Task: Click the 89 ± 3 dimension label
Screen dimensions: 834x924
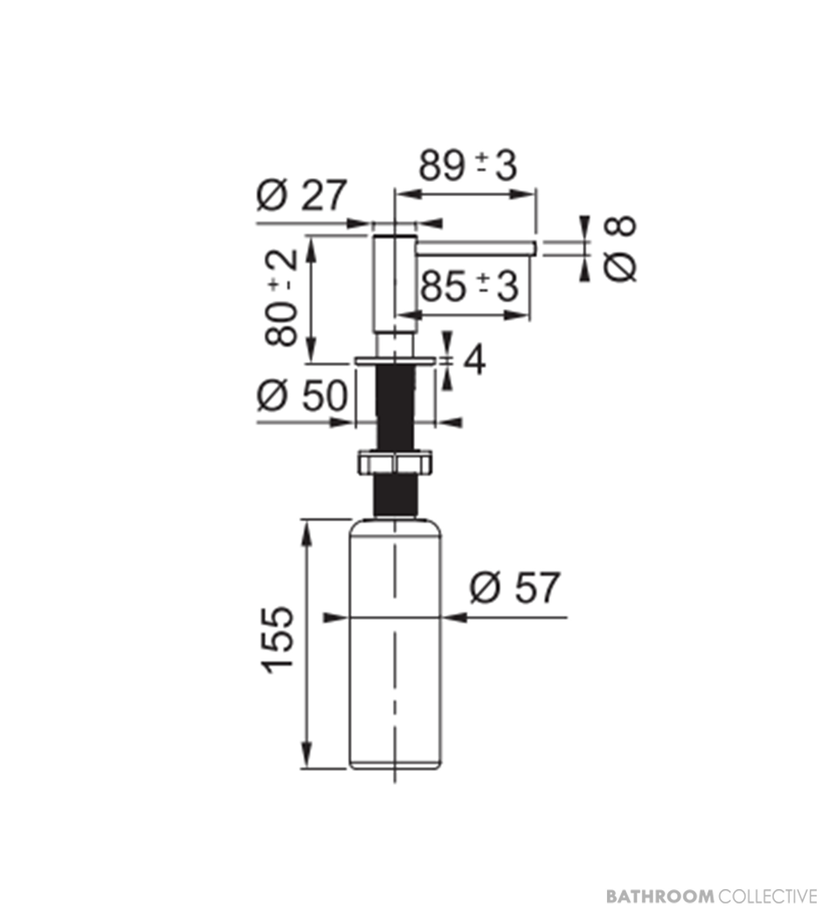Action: [468, 166]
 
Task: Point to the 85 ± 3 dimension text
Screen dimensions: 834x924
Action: [469, 287]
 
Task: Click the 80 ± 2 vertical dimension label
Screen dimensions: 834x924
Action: [281, 298]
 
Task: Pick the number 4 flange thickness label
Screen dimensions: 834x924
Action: [474, 361]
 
